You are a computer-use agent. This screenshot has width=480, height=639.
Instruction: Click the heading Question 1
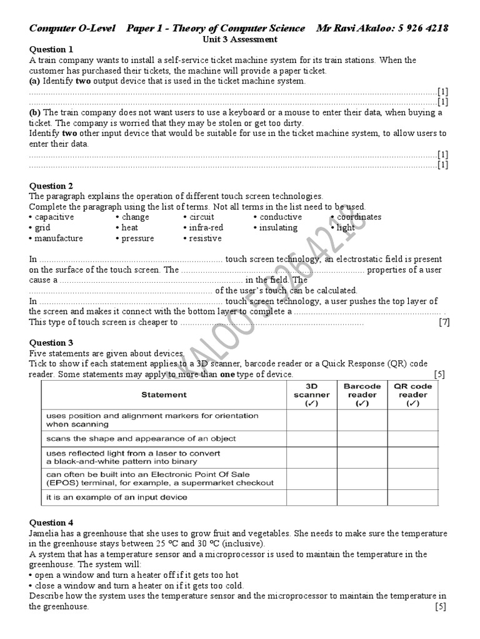pyautogui.click(x=51, y=49)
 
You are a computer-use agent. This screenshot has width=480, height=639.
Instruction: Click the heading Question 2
pyautogui.click(x=51, y=186)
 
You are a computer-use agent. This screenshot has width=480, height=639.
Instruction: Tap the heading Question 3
pyautogui.click(x=51, y=343)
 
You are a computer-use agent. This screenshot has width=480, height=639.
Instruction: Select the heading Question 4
pyautogui.click(x=51, y=523)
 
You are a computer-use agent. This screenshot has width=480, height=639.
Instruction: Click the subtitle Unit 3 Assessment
pyautogui.click(x=239, y=39)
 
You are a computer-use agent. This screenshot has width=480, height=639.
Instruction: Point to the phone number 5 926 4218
pyautogui.click(x=420, y=28)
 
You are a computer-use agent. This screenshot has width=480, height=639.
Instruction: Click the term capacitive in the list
pyautogui.click(x=54, y=217)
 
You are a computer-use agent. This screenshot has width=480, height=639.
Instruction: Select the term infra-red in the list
pyautogui.click(x=206, y=228)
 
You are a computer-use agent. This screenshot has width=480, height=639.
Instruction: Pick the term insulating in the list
pyautogui.click(x=278, y=228)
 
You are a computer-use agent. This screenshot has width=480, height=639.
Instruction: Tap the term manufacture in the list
pyautogui.click(x=58, y=238)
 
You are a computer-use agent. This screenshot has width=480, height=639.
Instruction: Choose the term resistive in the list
pyautogui.click(x=205, y=238)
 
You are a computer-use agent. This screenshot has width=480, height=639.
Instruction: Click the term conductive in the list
pyautogui.click(x=280, y=217)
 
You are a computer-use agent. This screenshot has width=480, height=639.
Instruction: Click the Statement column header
pyautogui.click(x=164, y=394)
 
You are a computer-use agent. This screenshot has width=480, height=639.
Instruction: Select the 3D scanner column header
pyautogui.click(x=311, y=394)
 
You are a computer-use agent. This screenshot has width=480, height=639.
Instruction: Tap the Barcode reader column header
pyautogui.click(x=362, y=394)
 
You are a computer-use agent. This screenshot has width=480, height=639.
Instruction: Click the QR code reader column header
pyautogui.click(x=413, y=394)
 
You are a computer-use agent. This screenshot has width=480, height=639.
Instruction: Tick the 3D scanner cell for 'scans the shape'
pyautogui.click(x=311, y=438)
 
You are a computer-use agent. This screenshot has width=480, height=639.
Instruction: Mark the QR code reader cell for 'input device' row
pyautogui.click(x=413, y=497)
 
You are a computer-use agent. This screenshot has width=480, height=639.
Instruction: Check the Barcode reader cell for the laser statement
pyautogui.click(x=362, y=457)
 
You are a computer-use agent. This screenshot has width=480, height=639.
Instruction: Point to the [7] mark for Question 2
pyautogui.click(x=444, y=322)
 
